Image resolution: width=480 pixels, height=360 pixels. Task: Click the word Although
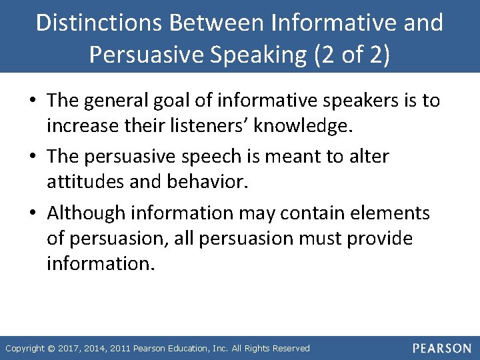click(86, 213)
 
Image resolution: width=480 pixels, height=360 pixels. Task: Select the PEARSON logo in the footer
click(441, 348)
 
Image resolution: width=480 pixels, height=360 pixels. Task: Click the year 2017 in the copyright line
click(71, 349)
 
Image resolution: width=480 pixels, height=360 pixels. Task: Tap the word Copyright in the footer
click(25, 349)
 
